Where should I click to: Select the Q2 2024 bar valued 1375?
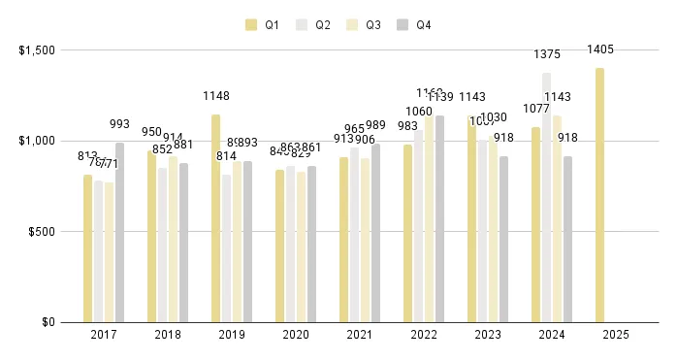(547, 198)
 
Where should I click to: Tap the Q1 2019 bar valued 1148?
(216, 218)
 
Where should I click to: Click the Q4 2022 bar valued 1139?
(440, 219)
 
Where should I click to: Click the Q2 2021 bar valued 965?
(355, 235)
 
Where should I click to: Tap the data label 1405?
(600, 49)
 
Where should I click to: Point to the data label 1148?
(216, 96)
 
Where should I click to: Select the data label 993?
(119, 124)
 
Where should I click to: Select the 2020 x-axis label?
(296, 335)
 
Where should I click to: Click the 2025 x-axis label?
(616, 335)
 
